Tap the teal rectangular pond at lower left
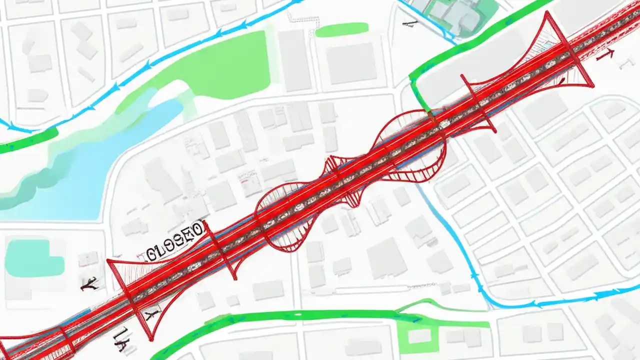tap(34, 258)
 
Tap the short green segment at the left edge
tap(27, 140)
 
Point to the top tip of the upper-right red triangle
tap(548, 12)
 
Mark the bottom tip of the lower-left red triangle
tap(150, 340)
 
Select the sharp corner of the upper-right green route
tap(411, 78)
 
